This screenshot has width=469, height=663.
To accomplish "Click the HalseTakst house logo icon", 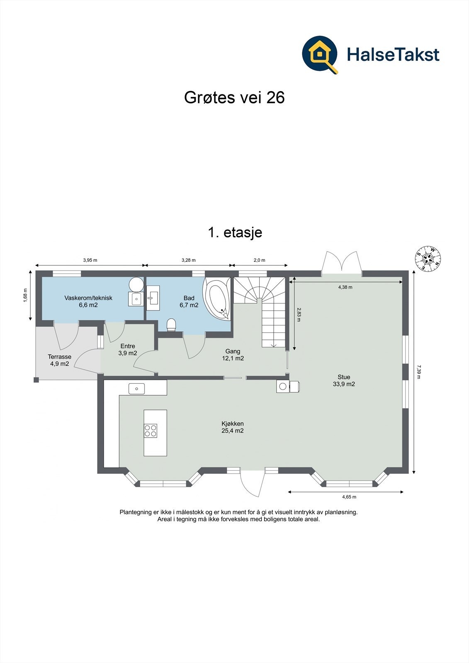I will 320,54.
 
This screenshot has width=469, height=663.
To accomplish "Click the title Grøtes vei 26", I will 234,98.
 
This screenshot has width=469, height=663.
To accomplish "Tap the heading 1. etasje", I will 235,232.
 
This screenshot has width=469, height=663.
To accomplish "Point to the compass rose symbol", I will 428,259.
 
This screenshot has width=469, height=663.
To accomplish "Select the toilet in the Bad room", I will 171,325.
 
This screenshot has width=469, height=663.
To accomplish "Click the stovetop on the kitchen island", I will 151,431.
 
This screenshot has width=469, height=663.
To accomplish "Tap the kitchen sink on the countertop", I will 136,388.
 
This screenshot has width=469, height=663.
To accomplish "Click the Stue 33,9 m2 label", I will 344,380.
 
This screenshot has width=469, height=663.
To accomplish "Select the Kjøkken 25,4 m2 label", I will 232,427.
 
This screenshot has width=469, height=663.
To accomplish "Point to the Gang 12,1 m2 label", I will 233,355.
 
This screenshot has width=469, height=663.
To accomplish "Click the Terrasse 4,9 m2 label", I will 59,360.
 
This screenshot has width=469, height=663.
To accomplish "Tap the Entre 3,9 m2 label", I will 128,350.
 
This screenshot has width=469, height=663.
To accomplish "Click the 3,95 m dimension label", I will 90,260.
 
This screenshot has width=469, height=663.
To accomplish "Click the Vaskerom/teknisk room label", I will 88,301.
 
